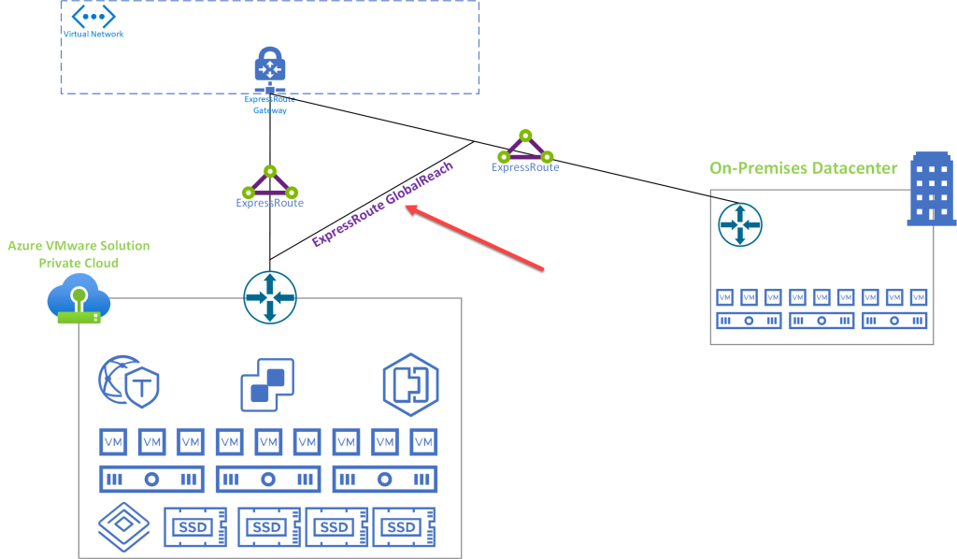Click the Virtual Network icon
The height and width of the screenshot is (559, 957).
[x=93, y=16]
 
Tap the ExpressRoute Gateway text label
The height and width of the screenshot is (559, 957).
[x=269, y=104]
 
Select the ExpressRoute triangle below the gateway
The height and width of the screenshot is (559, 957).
[x=270, y=180]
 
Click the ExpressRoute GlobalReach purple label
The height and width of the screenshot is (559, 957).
[x=382, y=203]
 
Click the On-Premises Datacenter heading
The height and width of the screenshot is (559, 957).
[x=803, y=168]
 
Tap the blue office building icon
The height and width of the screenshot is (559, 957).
[x=932, y=192]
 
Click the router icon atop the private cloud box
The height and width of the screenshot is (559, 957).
[x=270, y=297]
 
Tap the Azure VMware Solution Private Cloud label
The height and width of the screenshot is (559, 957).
[x=79, y=254]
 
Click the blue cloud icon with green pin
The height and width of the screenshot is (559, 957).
[x=79, y=301]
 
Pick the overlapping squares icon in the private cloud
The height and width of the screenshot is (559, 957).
[x=267, y=384]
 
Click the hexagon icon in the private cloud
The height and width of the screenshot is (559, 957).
[x=410, y=384]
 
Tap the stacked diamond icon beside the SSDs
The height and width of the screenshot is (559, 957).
[x=124, y=527]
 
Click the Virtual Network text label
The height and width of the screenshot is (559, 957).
[x=93, y=34]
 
